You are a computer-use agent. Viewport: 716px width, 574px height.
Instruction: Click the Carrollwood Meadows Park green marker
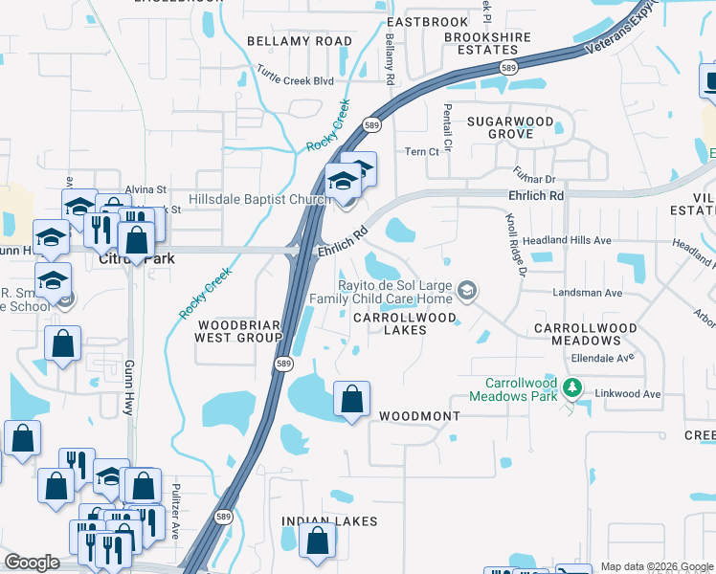572,387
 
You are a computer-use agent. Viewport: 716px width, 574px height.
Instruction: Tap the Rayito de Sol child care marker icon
467,290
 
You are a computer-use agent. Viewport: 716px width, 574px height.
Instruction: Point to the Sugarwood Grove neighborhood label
510,128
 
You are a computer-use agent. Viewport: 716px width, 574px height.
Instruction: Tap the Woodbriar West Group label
237,330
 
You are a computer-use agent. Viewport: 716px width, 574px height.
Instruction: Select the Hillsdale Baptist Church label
246,199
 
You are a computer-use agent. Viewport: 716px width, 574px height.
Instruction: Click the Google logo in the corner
32,563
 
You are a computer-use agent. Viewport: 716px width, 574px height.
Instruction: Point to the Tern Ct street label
421,152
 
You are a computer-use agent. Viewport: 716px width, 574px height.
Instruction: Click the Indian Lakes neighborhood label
329,521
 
